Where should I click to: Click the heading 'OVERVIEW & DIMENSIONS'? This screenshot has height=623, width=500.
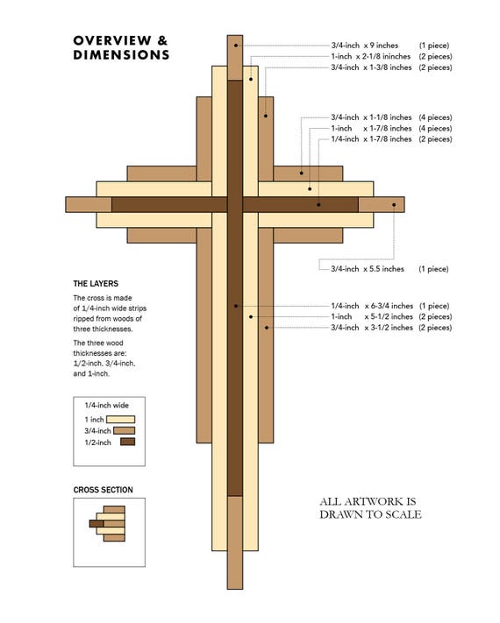[121, 47]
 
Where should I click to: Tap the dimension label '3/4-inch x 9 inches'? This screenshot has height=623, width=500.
[364, 46]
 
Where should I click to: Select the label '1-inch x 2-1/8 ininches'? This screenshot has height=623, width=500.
[371, 56]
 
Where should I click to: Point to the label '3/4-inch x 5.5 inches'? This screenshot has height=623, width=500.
[368, 269]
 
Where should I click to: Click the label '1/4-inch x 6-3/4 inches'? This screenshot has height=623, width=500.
[372, 306]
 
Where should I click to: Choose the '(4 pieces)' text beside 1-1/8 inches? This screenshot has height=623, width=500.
[435, 117]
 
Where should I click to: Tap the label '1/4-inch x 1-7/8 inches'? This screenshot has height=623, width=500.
[371, 139]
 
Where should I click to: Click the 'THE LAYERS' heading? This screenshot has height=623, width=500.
[96, 284]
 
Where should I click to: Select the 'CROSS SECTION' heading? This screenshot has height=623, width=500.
[103, 490]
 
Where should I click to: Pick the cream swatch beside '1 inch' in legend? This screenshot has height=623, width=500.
[120, 419]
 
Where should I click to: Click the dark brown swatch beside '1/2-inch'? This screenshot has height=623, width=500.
[128, 442]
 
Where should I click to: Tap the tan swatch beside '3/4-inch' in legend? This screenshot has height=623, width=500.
[124, 431]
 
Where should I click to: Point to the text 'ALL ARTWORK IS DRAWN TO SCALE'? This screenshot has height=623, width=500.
[370, 508]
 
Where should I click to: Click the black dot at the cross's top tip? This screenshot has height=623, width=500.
[236, 46]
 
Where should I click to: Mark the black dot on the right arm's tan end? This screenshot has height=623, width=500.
[394, 205]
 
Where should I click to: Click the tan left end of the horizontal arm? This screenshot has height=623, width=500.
[89, 205]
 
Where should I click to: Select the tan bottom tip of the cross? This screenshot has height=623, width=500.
[235, 542]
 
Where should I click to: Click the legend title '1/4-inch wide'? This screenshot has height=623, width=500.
[107, 406]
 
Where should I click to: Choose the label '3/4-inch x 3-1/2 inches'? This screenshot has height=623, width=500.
[372, 328]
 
